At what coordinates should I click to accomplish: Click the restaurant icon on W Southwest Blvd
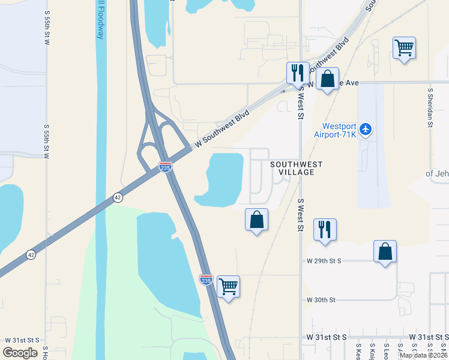(298, 73)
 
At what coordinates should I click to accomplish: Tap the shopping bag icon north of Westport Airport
(327, 79)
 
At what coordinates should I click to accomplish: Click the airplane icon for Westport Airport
(366, 129)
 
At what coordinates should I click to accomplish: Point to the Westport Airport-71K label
(339, 131)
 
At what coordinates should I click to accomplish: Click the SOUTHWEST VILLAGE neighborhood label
(297, 168)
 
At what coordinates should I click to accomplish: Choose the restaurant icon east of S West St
(325, 229)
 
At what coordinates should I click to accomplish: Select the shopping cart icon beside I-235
(228, 287)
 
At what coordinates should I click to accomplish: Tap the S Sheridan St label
(430, 109)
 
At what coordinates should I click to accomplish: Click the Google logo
(20, 352)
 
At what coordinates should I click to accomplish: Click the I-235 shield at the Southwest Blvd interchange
(165, 167)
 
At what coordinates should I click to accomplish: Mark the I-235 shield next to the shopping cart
(206, 279)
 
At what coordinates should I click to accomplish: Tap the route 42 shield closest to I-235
(117, 197)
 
